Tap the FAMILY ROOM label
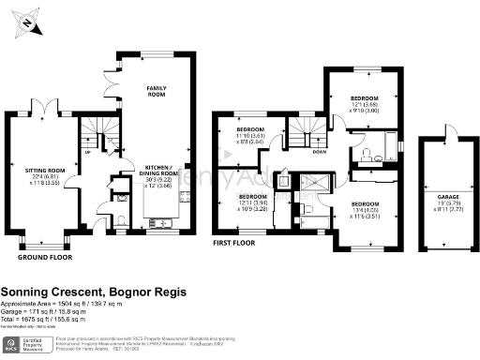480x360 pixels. point(156,92)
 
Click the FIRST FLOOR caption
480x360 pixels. point(234,243)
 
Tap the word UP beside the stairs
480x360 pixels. point(88,152)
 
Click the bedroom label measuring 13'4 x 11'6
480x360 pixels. point(365,209)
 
